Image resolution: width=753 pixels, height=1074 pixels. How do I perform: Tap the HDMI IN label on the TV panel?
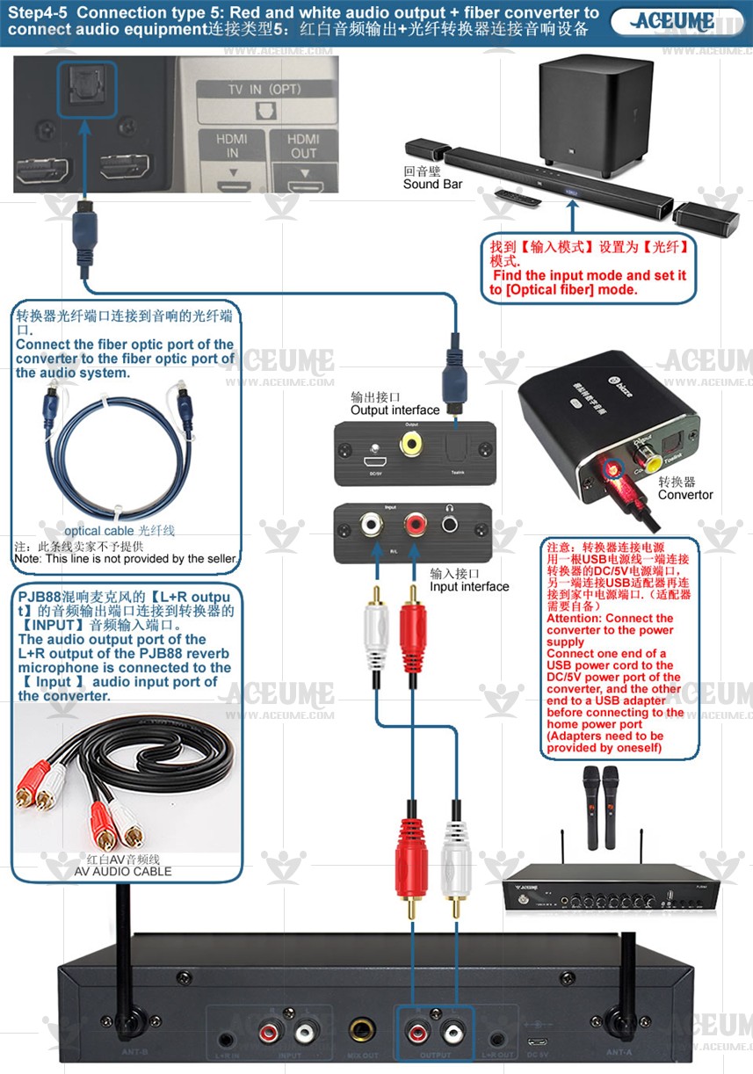(x=232, y=146)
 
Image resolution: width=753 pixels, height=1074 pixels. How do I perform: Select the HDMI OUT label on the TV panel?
(x=303, y=146)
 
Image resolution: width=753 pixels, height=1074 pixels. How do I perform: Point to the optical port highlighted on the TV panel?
(x=86, y=88)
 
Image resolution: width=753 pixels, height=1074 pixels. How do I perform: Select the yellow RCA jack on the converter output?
(x=410, y=442)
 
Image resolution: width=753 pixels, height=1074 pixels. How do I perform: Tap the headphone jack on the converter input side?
(x=451, y=525)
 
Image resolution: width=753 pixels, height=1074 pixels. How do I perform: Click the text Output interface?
(x=395, y=410)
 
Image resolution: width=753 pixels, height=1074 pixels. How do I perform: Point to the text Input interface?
(x=469, y=586)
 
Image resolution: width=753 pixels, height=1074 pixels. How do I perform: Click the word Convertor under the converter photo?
(x=685, y=495)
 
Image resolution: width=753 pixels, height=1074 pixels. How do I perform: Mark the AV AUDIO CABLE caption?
(x=123, y=871)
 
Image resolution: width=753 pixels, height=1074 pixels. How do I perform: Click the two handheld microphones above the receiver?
(x=598, y=805)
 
